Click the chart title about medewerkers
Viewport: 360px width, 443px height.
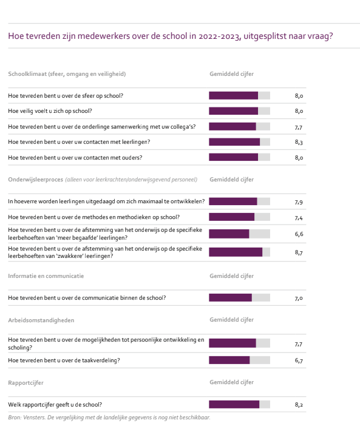pos(171,36)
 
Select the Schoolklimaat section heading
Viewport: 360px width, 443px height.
pos(67,74)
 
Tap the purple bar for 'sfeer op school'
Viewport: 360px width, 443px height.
pos(233,95)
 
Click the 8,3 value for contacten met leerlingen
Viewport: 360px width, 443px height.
pos(299,142)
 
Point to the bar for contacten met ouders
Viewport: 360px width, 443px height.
pos(233,157)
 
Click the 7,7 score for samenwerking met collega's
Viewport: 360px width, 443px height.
pos(299,127)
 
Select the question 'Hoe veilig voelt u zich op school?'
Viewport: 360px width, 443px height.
pos(50,111)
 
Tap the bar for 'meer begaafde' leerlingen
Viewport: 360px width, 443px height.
pos(229,234)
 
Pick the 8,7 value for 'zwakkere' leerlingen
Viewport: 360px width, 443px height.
pos(299,252)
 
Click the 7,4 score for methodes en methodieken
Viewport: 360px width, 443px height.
pos(299,218)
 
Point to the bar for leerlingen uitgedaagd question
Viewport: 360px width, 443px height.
pos(233,201)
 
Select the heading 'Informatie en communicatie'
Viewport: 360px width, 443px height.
pos(46,276)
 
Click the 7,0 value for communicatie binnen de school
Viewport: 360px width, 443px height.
pos(299,298)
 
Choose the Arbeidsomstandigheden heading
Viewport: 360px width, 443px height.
pos(41,320)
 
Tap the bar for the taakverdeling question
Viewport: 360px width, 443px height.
pos(229,360)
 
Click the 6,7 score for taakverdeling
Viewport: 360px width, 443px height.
pos(299,360)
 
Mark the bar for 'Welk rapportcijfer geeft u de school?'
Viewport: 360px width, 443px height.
pos(234,404)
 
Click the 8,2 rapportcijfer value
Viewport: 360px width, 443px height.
pos(299,405)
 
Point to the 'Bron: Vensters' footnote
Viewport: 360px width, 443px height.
pos(109,418)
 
